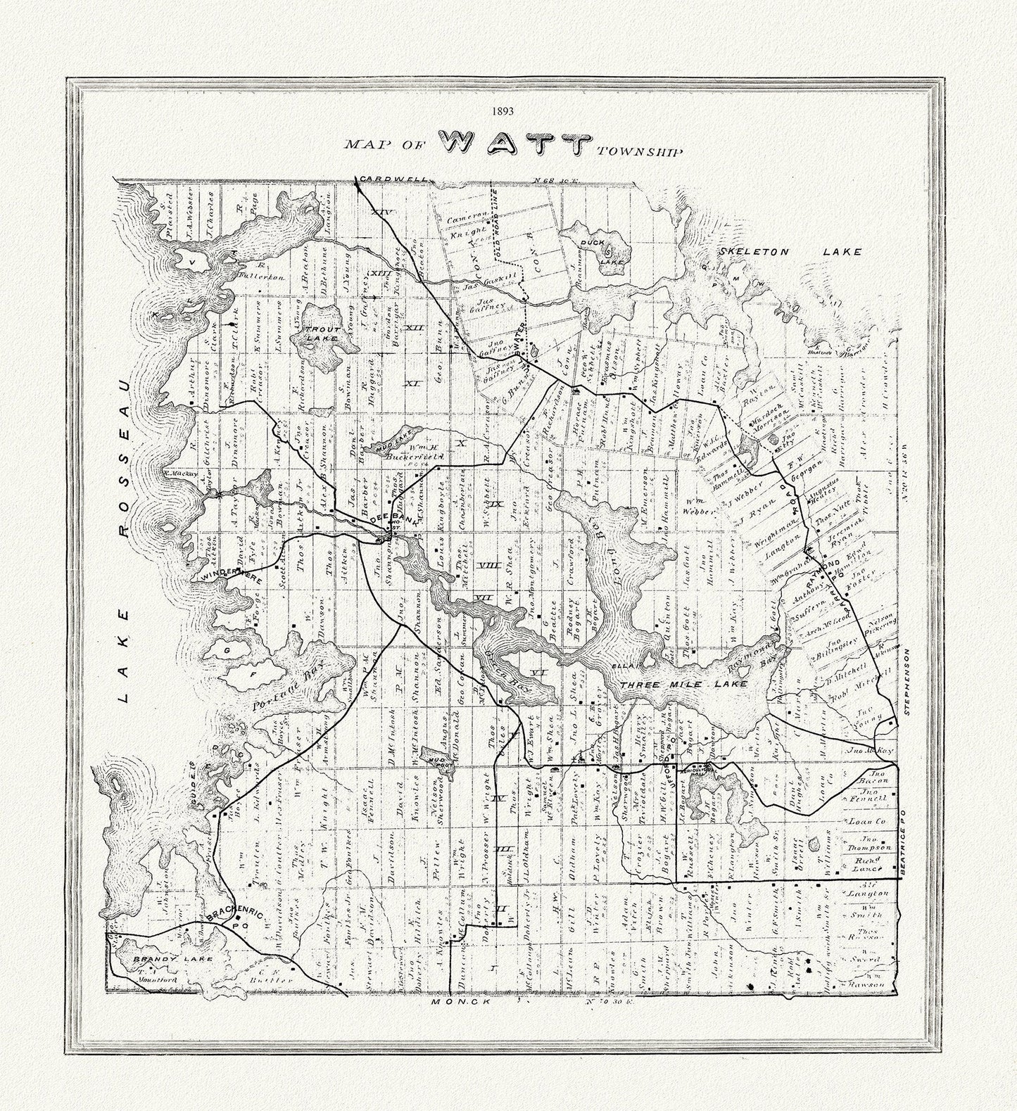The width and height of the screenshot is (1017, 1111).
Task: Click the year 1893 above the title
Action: click(504, 111)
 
